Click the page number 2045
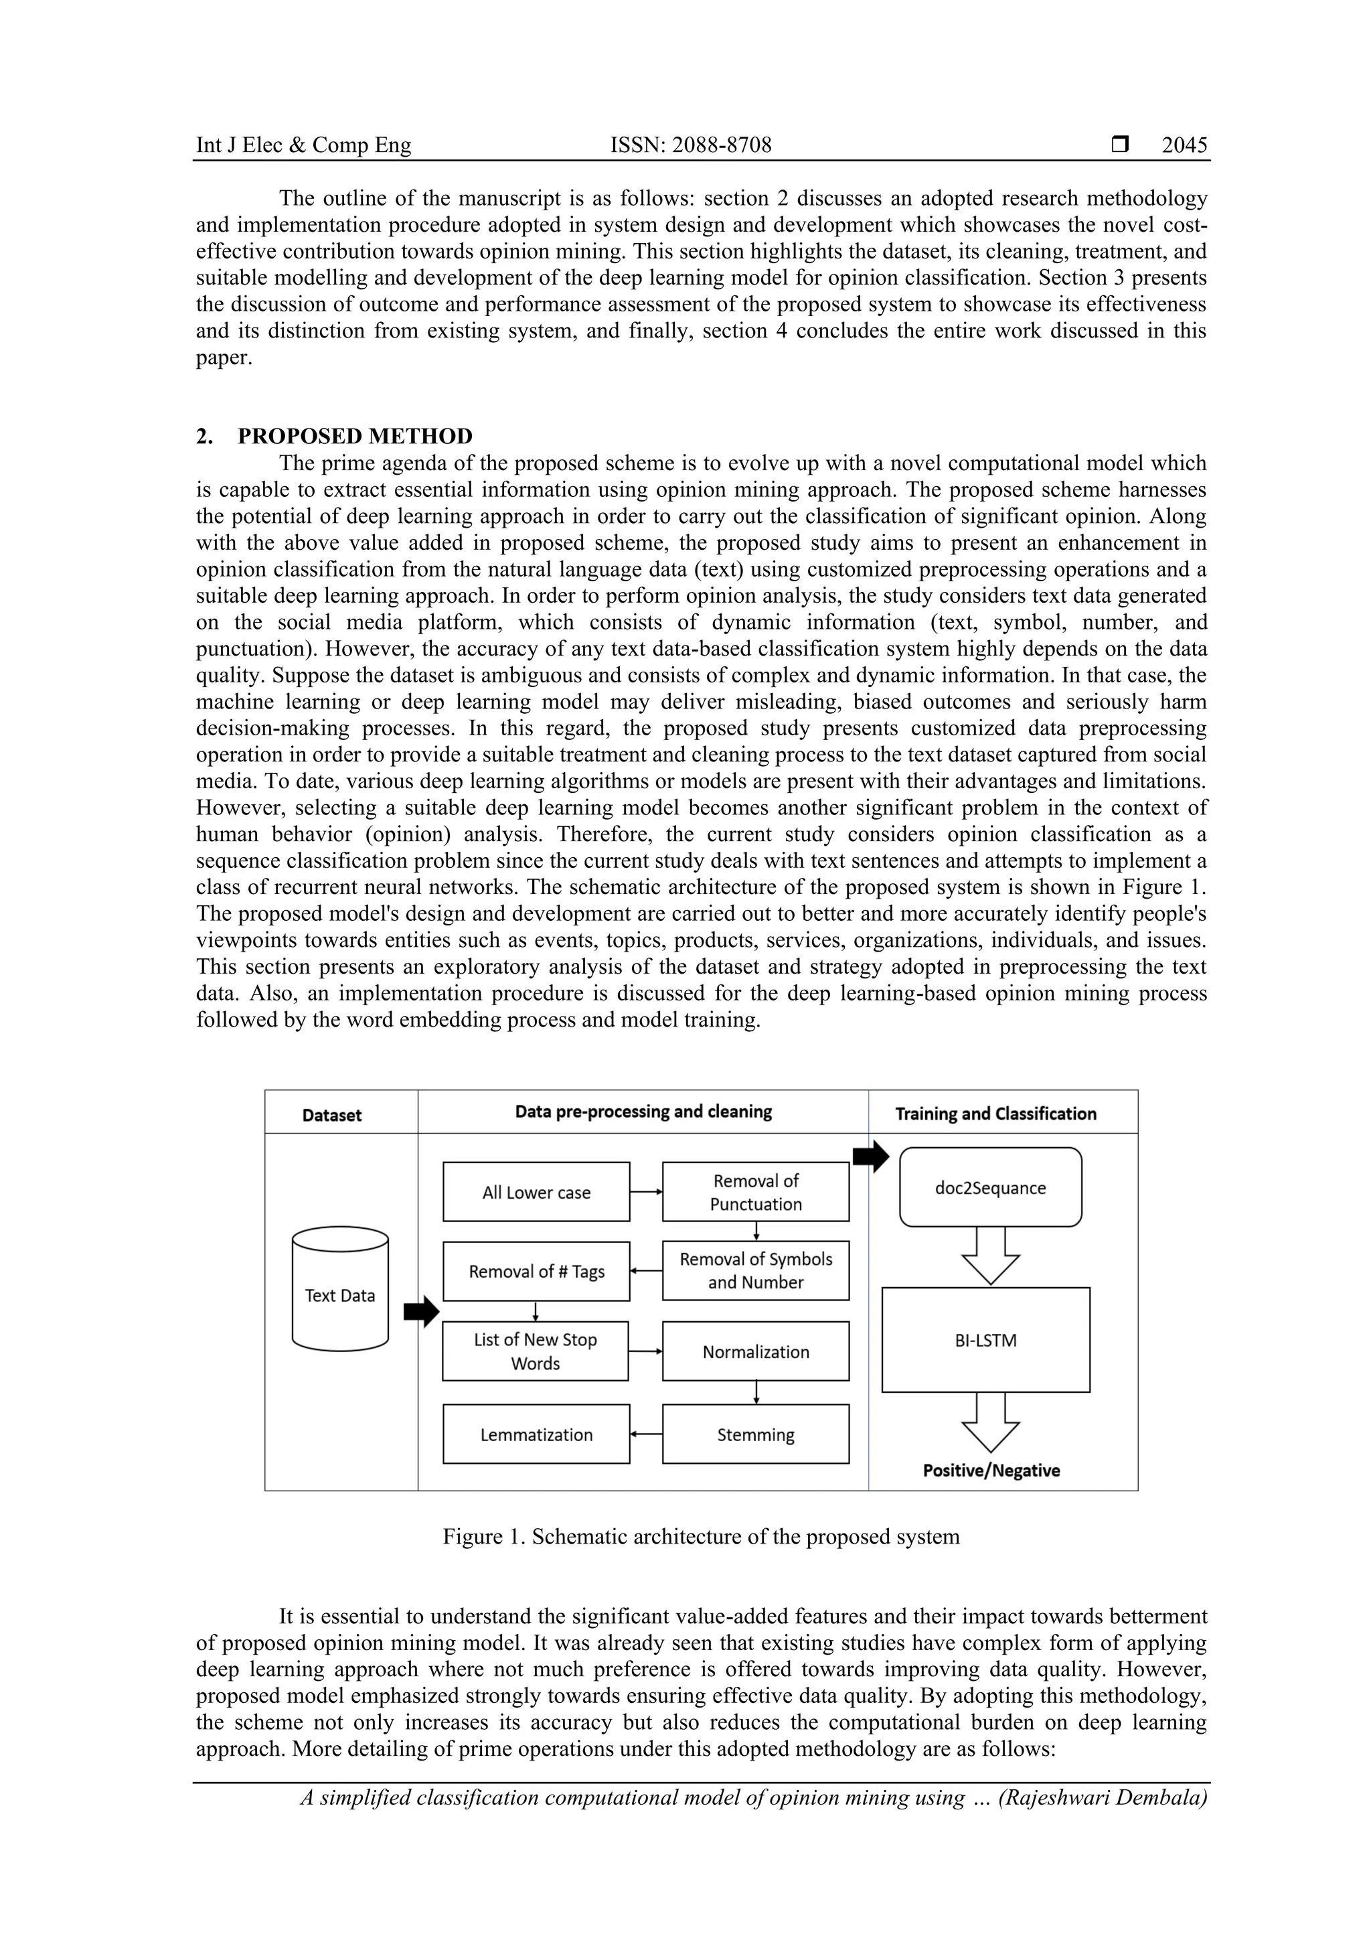[1184, 145]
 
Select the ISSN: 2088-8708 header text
[690, 145]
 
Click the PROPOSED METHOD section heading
[355, 436]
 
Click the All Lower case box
[536, 1192]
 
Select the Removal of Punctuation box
[755, 1192]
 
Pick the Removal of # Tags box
[536, 1272]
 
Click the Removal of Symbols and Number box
[755, 1271]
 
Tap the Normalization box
[755, 1352]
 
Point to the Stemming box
[755, 1434]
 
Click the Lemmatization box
[536, 1434]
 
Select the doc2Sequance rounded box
[990, 1188]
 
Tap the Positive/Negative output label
[991, 1470]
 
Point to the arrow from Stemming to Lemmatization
[646, 1434]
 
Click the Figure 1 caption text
[700, 1536]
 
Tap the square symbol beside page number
[1120, 145]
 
